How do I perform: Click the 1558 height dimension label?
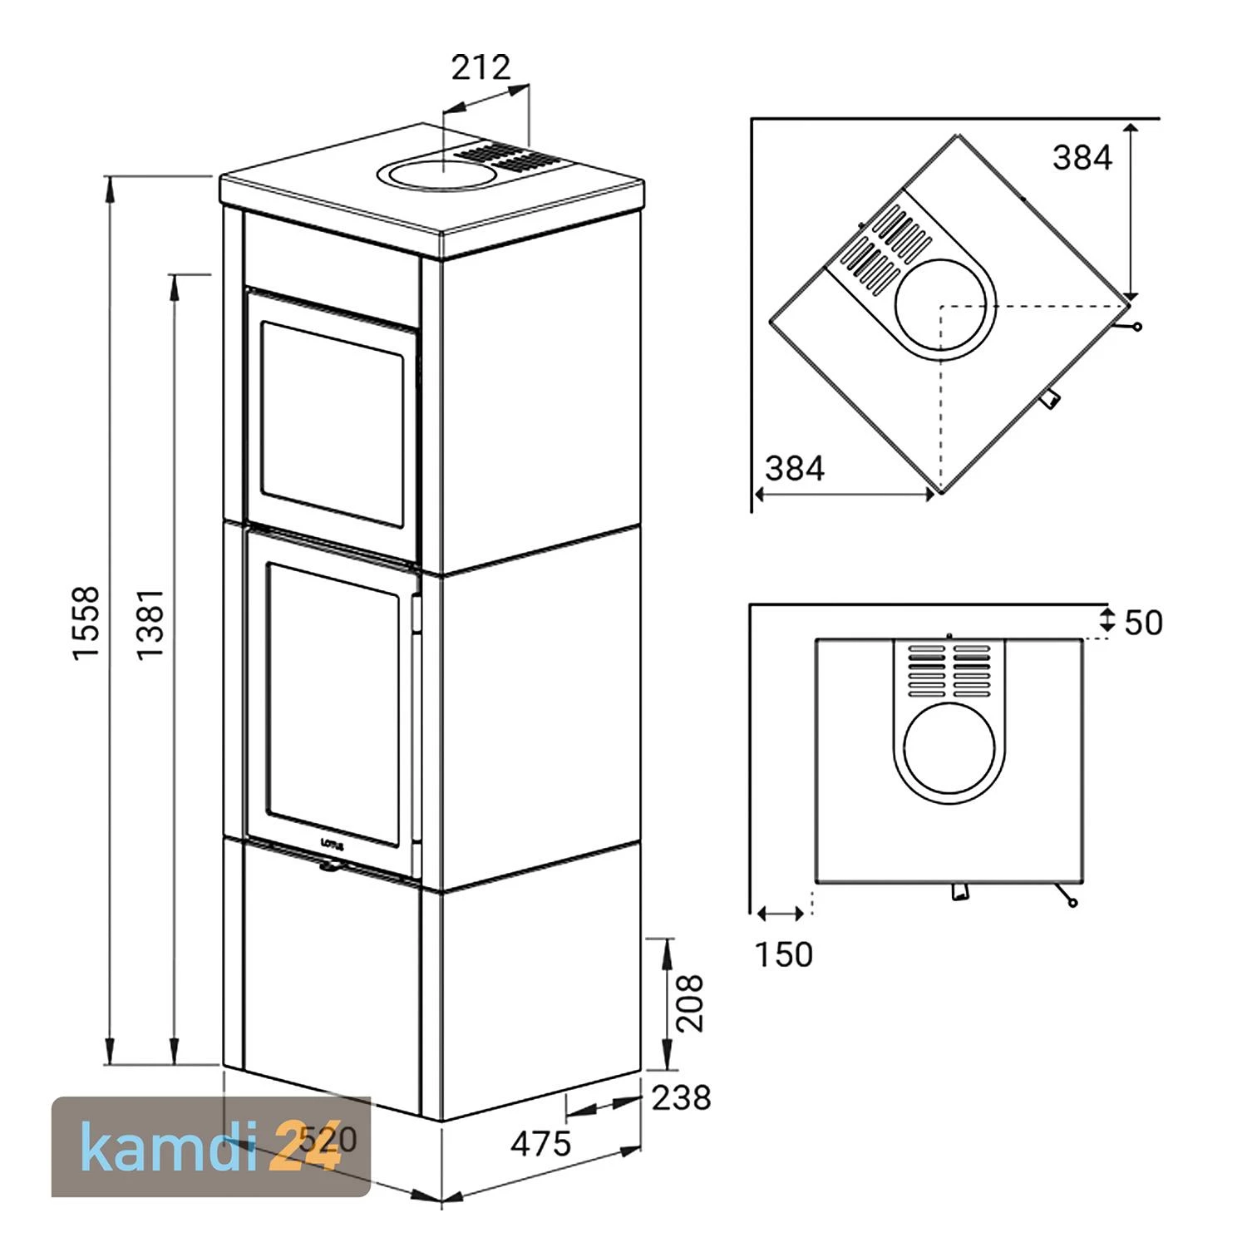pos(86,623)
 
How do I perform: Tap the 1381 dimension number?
pos(150,624)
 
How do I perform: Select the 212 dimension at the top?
pos(481,67)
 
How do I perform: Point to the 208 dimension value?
pos(689,1003)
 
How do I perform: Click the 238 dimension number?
pos(682,1097)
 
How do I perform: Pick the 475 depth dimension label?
pos(541,1144)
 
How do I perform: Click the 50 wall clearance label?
pos(1144,623)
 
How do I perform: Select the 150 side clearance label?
pos(784,954)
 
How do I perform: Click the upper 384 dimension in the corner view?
pos(1082,157)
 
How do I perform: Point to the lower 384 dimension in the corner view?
pos(795,469)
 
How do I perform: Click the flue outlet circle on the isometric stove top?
pos(437,174)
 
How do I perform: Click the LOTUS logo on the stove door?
pos(331,843)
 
